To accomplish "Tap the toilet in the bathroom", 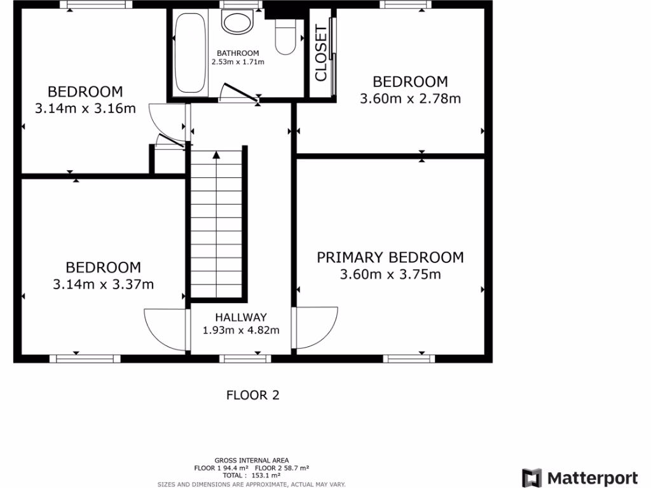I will pyautogui.click(x=284, y=38).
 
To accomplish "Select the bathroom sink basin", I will pyautogui.click(x=237, y=23).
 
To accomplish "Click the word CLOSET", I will pyautogui.click(x=321, y=53).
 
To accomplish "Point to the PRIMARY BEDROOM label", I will pyautogui.click(x=390, y=257).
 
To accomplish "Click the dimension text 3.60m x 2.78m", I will pyautogui.click(x=410, y=98).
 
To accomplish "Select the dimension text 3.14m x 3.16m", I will pyautogui.click(x=85, y=108).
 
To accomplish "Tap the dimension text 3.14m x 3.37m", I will pyautogui.click(x=103, y=284).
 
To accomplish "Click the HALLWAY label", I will pyautogui.click(x=240, y=317).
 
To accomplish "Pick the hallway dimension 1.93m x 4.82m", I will pyautogui.click(x=240, y=330).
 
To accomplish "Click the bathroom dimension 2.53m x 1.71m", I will pyautogui.click(x=238, y=62).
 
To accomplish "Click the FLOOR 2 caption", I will pyautogui.click(x=253, y=395).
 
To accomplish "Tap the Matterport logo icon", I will pyautogui.click(x=532, y=478).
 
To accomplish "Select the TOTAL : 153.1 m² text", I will pyautogui.click(x=251, y=475).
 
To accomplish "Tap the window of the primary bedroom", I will pyautogui.click(x=409, y=359).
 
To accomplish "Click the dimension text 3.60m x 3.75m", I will pyautogui.click(x=390, y=274).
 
